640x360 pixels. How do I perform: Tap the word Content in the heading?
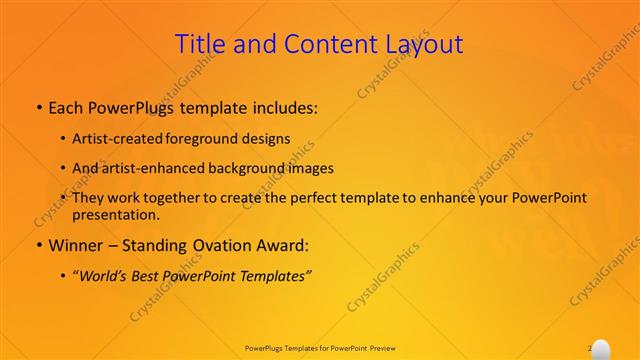pyautogui.click(x=322, y=44)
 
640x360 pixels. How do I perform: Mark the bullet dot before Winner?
pyautogui.click(x=38, y=245)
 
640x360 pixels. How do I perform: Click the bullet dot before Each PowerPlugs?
pyautogui.click(x=38, y=106)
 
